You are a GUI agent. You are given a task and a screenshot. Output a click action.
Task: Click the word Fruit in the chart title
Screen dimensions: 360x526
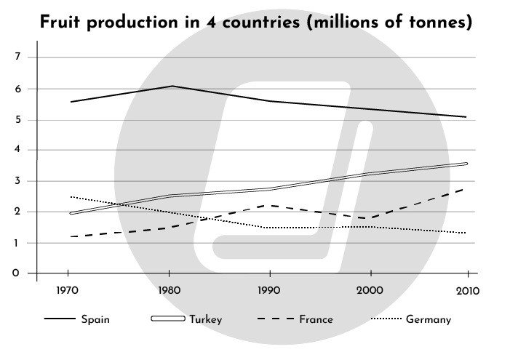point(63,23)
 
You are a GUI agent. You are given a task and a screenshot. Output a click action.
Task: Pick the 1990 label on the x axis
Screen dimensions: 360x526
point(270,292)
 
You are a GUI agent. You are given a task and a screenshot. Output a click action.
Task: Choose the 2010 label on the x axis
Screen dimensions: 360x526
point(466,292)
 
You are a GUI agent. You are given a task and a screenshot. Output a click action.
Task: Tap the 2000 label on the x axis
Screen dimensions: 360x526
point(370,292)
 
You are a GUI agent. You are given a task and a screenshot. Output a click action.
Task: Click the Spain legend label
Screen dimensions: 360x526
point(96,319)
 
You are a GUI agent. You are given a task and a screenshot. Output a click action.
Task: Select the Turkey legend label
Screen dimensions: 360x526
point(206,319)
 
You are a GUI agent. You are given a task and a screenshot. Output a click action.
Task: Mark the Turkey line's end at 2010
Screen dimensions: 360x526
point(466,164)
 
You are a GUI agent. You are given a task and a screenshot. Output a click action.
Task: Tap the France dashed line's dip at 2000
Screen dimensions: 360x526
point(370,218)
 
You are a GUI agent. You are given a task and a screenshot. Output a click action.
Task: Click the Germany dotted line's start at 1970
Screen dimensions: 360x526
point(71,196)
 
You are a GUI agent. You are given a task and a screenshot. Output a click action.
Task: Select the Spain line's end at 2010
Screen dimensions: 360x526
point(466,117)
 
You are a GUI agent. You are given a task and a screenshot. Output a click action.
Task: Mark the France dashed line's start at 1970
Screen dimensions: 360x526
point(71,236)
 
